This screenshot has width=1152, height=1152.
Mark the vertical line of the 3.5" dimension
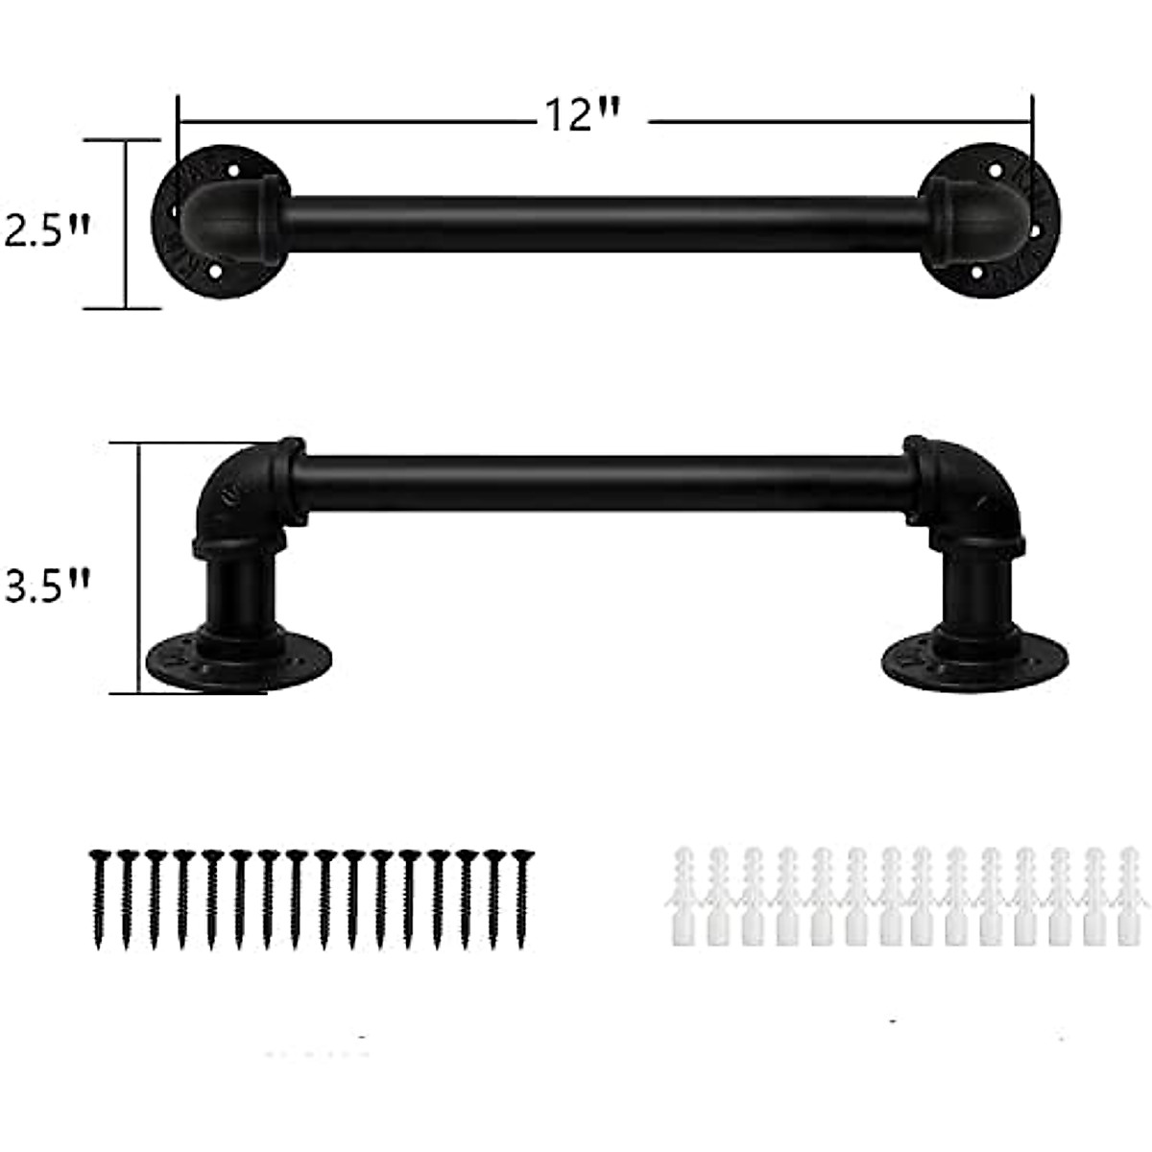pos(140,566)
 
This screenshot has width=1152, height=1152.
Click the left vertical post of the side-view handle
pos(235,595)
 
